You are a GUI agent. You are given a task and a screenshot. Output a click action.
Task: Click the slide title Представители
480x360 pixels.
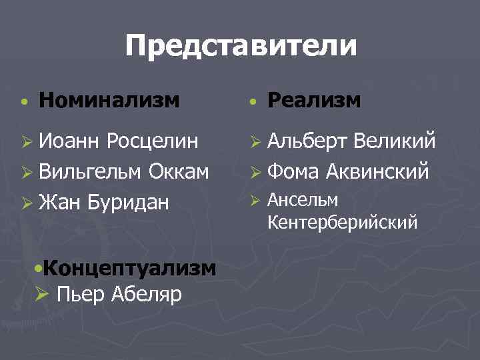[241, 47]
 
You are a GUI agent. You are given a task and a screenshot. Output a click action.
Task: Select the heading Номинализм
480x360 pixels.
[109, 101]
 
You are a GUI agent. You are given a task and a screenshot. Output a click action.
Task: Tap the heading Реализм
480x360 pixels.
[314, 101]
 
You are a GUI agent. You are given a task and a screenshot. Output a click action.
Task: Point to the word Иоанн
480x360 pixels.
[69, 142]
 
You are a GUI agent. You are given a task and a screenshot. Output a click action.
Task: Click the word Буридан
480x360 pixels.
[127, 201]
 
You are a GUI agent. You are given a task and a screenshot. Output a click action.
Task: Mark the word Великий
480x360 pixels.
[395, 142]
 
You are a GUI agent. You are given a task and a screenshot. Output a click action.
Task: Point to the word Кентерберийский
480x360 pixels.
[343, 221]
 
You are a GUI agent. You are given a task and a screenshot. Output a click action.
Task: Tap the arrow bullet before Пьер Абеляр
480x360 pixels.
[42, 293]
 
